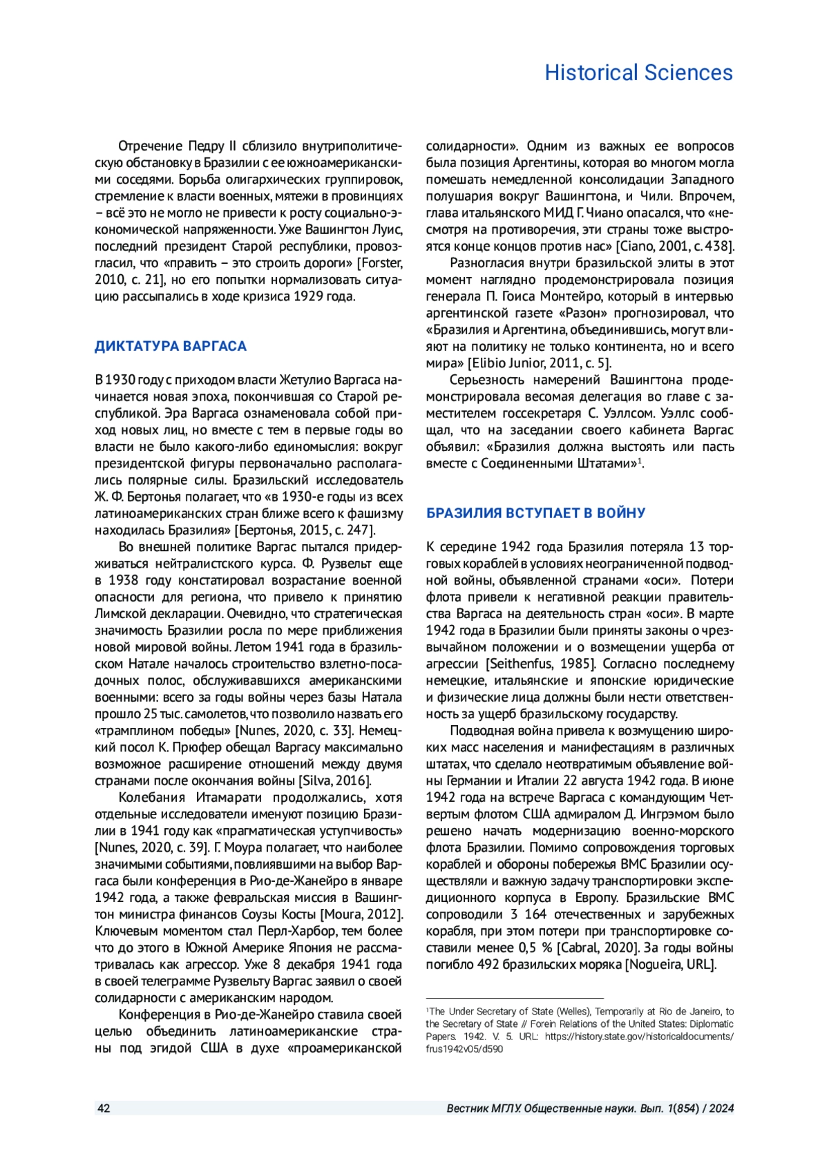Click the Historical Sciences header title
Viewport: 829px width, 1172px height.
(638, 73)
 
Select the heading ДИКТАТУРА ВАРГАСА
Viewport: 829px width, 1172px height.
(171, 346)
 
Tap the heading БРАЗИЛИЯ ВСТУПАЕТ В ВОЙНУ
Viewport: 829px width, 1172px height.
(535, 513)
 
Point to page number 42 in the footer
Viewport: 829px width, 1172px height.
(104, 1108)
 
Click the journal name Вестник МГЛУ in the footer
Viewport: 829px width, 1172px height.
(484, 1108)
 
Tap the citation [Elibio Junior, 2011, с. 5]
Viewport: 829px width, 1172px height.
(540, 363)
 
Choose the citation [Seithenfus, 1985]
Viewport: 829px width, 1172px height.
(540, 664)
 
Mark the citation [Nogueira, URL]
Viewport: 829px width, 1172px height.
(671, 964)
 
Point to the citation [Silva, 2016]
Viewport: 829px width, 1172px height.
(335, 780)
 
